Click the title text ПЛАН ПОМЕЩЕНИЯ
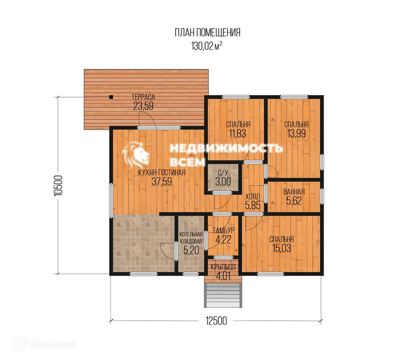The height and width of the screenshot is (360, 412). click(207, 33)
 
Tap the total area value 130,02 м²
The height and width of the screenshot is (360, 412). click(207, 46)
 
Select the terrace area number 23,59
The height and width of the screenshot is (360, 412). click(143, 106)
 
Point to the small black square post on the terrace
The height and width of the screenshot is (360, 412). click(111, 97)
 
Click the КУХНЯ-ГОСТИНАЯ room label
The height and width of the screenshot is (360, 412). click(162, 172)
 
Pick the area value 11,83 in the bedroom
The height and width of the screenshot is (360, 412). click(237, 133)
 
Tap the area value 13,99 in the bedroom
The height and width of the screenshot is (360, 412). click(296, 133)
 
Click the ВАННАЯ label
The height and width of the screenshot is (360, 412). click(294, 192)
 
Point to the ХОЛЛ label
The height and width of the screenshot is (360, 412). click(252, 196)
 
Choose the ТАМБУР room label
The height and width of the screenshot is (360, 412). click(223, 231)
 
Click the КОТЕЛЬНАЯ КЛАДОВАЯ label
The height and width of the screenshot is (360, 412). click(191, 238)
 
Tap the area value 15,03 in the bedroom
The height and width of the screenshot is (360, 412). click(282, 248)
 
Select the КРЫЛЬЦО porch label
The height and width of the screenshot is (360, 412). click(223, 267)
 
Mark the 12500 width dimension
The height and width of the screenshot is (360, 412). click(216, 321)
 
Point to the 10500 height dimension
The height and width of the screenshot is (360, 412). click(58, 186)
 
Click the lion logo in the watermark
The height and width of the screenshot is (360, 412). click(136, 155)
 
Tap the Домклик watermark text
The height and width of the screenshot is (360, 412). click(52, 344)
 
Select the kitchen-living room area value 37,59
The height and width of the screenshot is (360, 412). click(162, 181)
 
